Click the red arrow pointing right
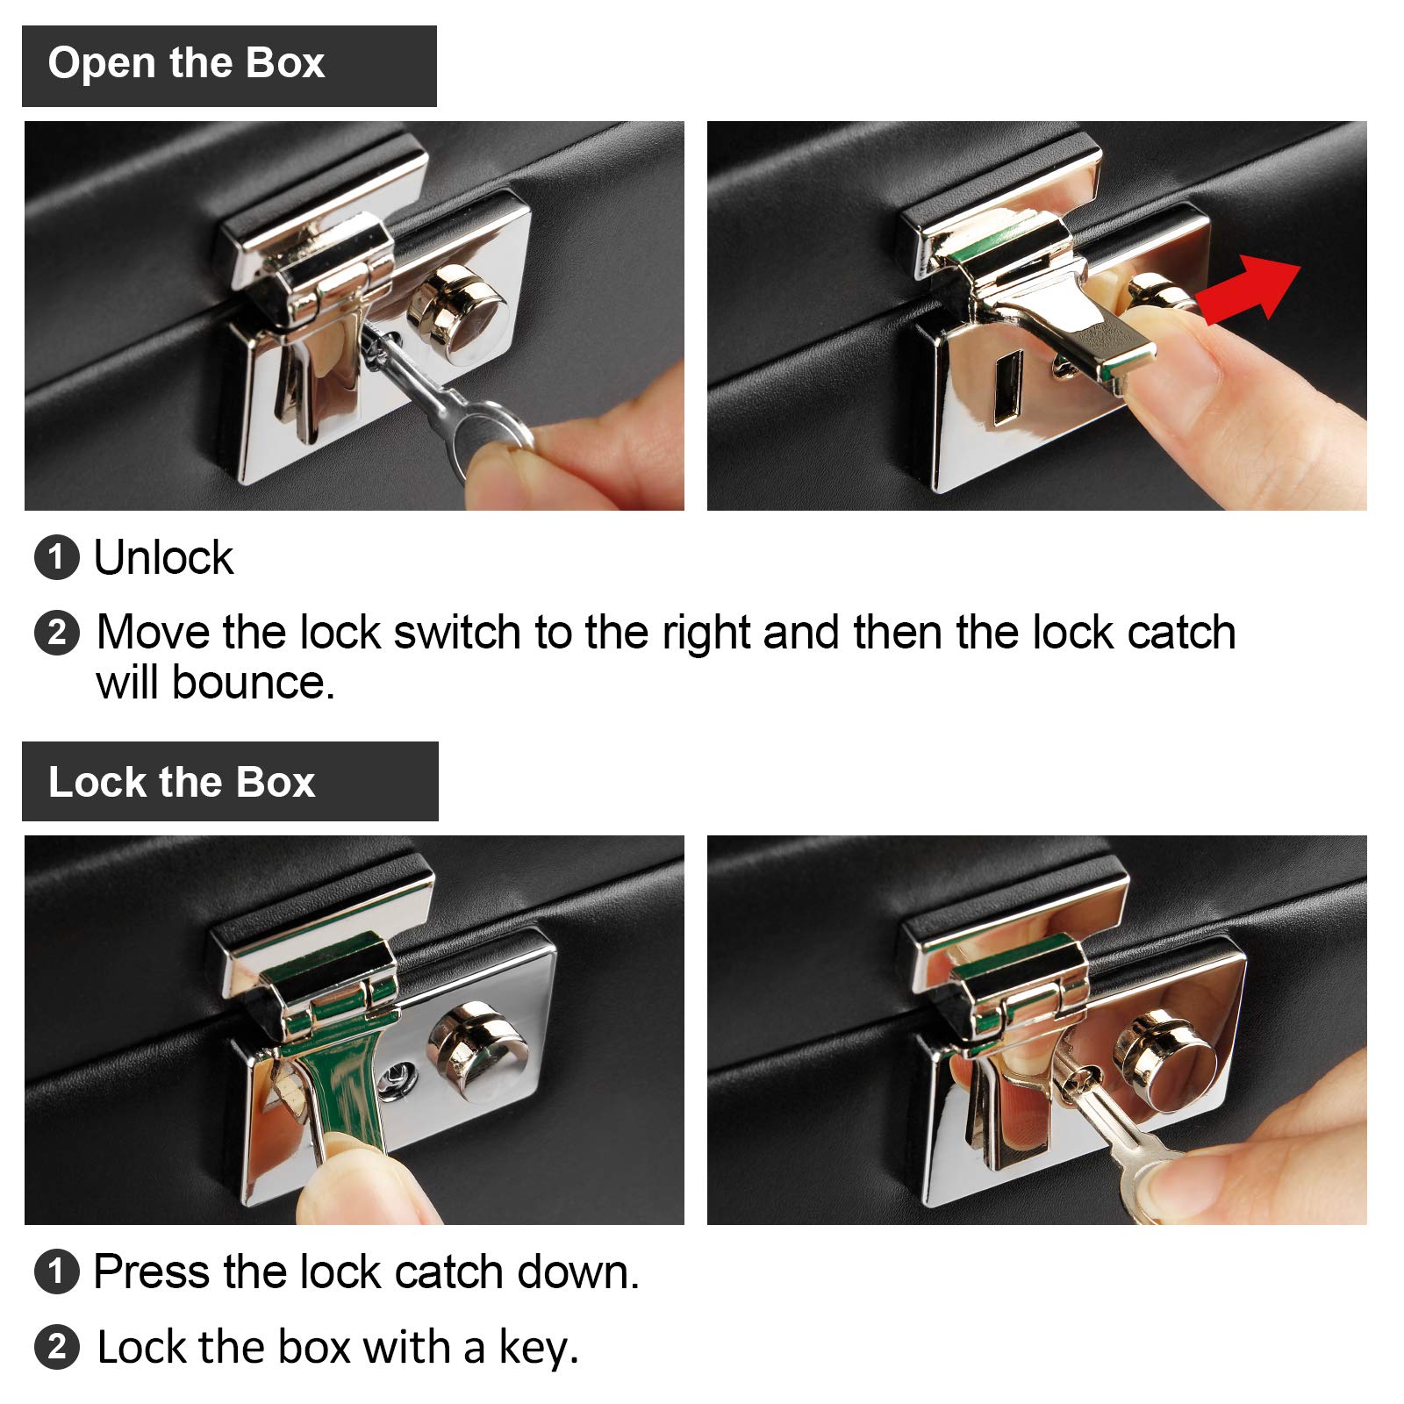1250,290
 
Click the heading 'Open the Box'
186,64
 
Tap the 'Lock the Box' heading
182,782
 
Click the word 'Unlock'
163,558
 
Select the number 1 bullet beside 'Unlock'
57,558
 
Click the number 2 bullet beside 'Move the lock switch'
57,633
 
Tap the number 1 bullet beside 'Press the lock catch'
57,1272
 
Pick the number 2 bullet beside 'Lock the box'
57,1347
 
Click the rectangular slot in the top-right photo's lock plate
1008,387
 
